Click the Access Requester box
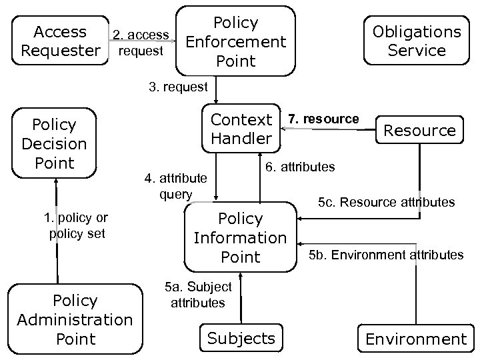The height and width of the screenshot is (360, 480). pyautogui.click(x=60, y=41)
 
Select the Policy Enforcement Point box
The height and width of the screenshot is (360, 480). pyautogui.click(x=236, y=41)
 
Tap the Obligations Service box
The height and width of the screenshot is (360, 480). pyautogui.click(x=417, y=41)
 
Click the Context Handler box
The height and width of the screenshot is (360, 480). pyautogui.click(x=241, y=129)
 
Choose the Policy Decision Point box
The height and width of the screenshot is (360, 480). pyautogui.click(x=54, y=143)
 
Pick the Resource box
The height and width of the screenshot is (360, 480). pyautogui.click(x=419, y=130)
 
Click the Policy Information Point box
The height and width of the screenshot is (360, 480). pyautogui.click(x=240, y=237)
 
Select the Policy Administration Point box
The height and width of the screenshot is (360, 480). pyautogui.click(x=75, y=320)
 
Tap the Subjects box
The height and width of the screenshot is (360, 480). pyautogui.click(x=241, y=337)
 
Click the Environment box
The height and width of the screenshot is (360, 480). pyautogui.click(x=416, y=339)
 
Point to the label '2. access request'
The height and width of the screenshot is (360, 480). pyautogui.click(x=140, y=42)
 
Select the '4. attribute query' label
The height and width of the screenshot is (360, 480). pyautogui.click(x=176, y=187)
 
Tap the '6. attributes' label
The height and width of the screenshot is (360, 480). pyautogui.click(x=300, y=167)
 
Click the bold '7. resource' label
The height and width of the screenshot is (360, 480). pyautogui.click(x=323, y=119)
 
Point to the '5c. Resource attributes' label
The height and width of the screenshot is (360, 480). pyautogui.click(x=386, y=201)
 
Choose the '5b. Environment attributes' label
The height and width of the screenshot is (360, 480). pyautogui.click(x=387, y=255)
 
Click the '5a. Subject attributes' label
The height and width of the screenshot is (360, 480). pyautogui.click(x=198, y=295)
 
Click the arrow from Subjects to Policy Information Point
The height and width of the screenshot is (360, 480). pyautogui.click(x=241, y=300)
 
